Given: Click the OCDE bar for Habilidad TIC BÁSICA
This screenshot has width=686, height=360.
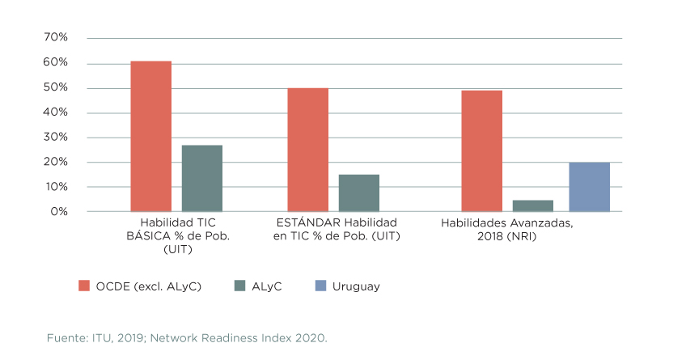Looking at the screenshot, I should tap(150, 136).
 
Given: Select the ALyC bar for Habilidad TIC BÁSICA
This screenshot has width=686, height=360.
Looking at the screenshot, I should tap(201, 178).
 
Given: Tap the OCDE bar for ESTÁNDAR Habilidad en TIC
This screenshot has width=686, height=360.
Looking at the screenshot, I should tap(307, 150).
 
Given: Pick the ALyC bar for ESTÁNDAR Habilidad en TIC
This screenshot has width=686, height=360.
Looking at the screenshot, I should tap(358, 193).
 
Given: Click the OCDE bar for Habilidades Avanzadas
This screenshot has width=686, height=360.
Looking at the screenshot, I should tap(481, 150).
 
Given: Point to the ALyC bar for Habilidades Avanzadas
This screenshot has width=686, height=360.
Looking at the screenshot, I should tap(532, 205).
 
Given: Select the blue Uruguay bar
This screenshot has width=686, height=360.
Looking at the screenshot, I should tap(589, 187).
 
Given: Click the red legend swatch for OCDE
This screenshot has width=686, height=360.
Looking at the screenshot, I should tap(83, 286).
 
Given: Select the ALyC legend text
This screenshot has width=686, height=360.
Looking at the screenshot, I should tap(267, 286).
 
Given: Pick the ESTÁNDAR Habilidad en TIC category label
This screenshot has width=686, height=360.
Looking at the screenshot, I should tap(336, 229).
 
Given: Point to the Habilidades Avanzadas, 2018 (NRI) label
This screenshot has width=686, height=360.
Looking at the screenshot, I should tap(506, 229).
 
